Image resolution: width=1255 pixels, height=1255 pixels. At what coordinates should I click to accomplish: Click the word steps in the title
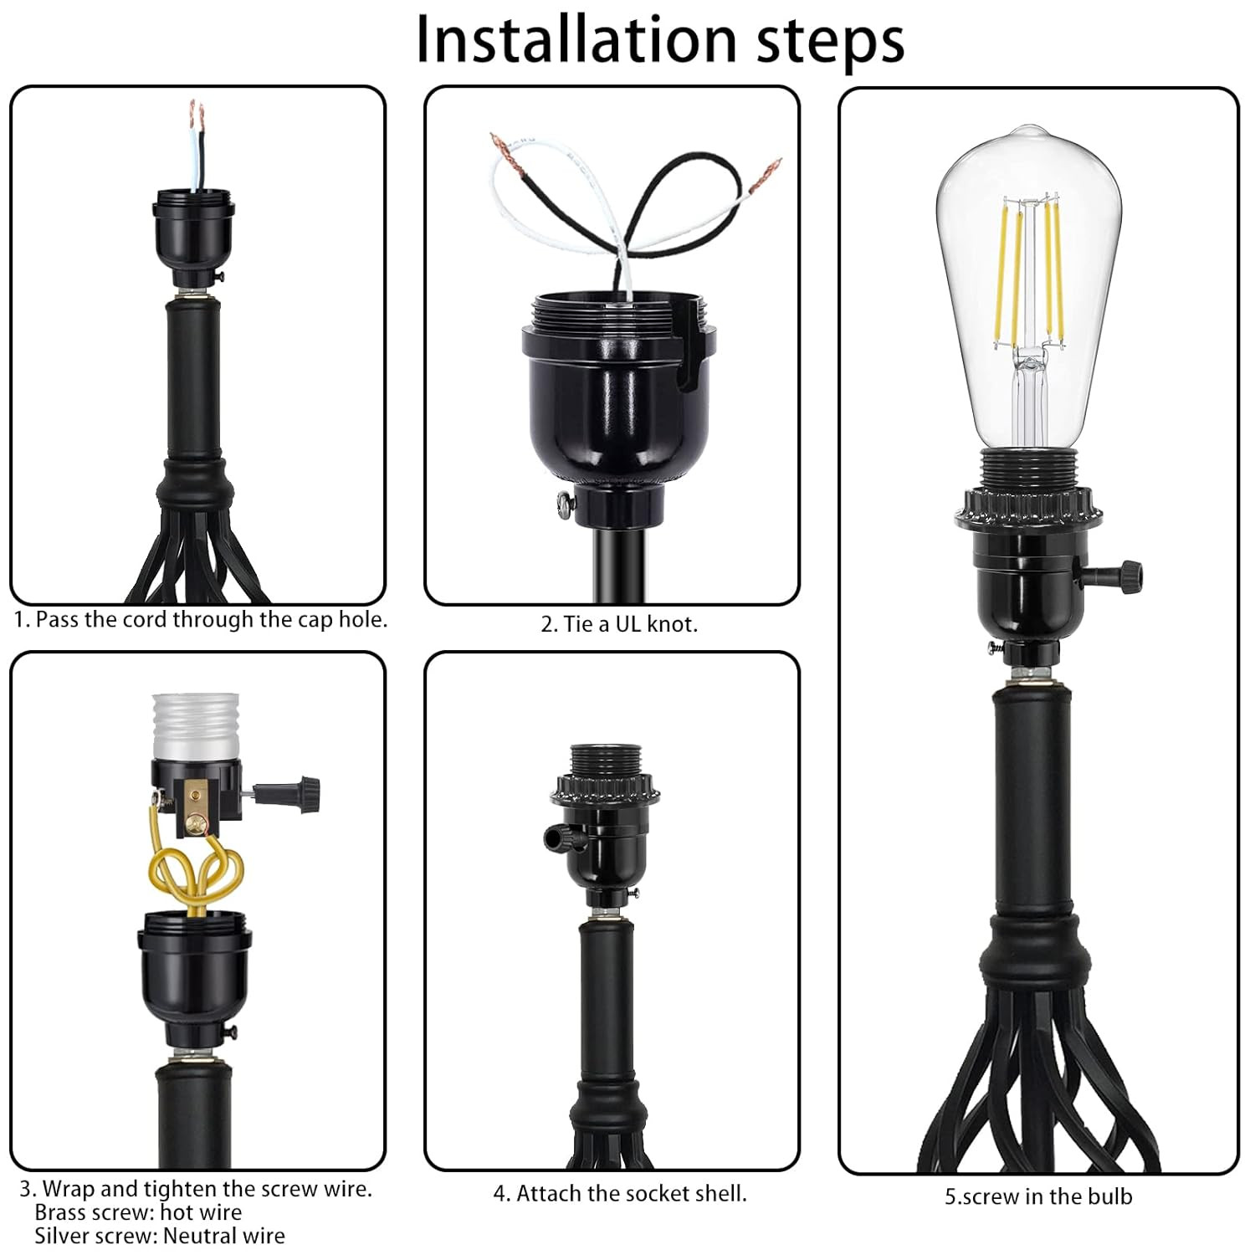click(830, 39)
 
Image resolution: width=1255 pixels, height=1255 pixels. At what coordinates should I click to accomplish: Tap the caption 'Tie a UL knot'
click(619, 624)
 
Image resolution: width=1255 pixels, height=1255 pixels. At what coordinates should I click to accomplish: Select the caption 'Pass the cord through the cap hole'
click(201, 620)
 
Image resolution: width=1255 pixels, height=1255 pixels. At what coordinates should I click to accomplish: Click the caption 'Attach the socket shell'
click(620, 1193)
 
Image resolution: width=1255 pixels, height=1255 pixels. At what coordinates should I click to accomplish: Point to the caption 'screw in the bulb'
click(1038, 1196)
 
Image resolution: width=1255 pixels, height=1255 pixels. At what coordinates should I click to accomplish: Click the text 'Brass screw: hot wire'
click(139, 1212)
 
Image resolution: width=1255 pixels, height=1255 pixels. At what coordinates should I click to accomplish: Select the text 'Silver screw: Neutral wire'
click(160, 1236)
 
